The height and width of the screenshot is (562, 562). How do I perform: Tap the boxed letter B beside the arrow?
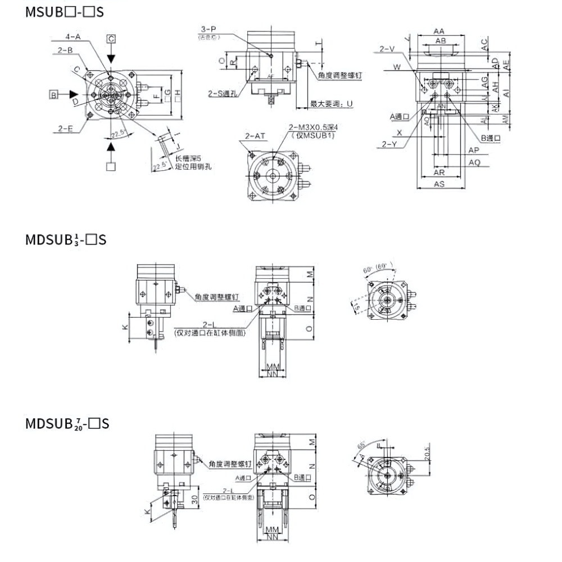coord(53,94)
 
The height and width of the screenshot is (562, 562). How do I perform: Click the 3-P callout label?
coord(209,30)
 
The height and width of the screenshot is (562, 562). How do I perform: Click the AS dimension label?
coord(439,184)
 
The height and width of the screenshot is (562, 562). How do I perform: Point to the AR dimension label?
coord(439,173)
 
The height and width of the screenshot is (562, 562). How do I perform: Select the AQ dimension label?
coord(474,162)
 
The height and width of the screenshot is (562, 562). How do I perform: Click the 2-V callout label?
coord(387,49)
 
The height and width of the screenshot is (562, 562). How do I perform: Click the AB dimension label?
coord(441,41)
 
